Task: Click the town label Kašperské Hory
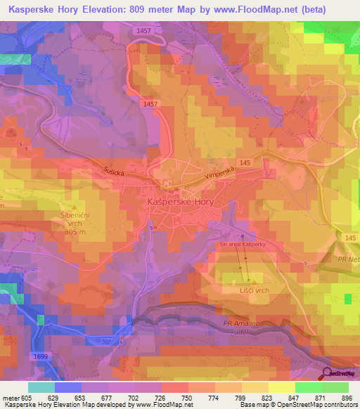[180, 202]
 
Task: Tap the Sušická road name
[115, 171]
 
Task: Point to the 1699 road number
[41, 358]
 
